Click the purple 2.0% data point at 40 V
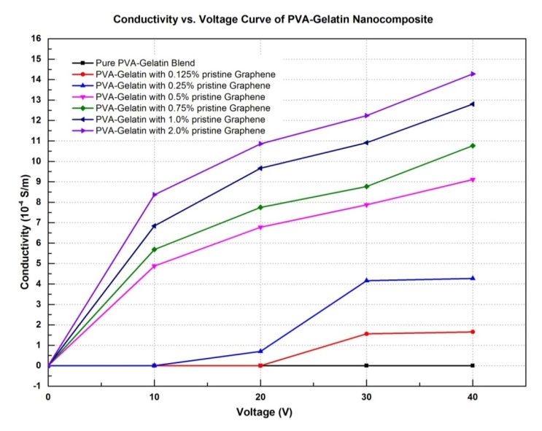click(473, 74)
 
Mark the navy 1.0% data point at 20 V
click(260, 168)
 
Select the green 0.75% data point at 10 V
click(154, 249)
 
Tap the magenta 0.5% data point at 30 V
click(366, 205)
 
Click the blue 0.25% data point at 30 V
click(366, 280)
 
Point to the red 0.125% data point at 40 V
click(473, 332)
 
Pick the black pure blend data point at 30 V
click(366, 365)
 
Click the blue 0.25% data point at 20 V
click(260, 352)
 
